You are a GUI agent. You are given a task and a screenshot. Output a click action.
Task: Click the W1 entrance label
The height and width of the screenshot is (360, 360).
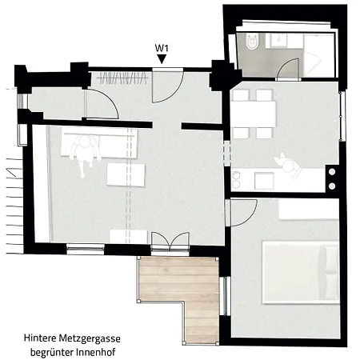click(x=162, y=48)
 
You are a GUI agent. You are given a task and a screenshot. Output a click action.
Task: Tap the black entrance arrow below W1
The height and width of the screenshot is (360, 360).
click(x=162, y=59)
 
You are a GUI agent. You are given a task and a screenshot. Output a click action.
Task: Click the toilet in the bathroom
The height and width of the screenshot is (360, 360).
click(x=252, y=41)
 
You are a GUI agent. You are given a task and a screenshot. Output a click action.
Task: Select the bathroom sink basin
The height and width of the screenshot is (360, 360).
click(x=279, y=41)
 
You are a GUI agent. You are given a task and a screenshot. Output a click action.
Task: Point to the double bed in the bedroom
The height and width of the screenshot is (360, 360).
click(x=301, y=272)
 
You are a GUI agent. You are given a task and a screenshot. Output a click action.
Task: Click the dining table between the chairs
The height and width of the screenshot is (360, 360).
click(x=254, y=114)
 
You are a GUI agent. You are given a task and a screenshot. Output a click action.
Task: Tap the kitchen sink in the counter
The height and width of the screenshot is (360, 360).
click(x=264, y=181)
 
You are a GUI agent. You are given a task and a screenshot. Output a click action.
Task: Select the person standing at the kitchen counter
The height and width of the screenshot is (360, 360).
click(x=288, y=166)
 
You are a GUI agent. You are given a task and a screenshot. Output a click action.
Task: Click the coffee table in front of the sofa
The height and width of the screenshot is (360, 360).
click(x=126, y=174)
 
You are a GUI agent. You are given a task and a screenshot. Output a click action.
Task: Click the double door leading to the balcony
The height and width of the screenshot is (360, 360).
click(x=170, y=242)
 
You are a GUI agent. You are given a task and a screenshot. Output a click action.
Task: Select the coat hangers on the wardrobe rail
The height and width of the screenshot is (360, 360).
click(x=122, y=78)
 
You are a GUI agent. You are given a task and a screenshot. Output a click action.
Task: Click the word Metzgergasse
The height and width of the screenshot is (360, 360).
click(x=90, y=338)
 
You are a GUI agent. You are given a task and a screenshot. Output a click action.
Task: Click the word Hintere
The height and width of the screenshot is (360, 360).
click(x=40, y=338)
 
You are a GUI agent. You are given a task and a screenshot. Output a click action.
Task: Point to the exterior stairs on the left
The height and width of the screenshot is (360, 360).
click(x=14, y=206)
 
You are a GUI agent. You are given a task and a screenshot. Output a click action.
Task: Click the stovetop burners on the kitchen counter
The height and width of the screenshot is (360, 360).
click(x=236, y=179)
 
